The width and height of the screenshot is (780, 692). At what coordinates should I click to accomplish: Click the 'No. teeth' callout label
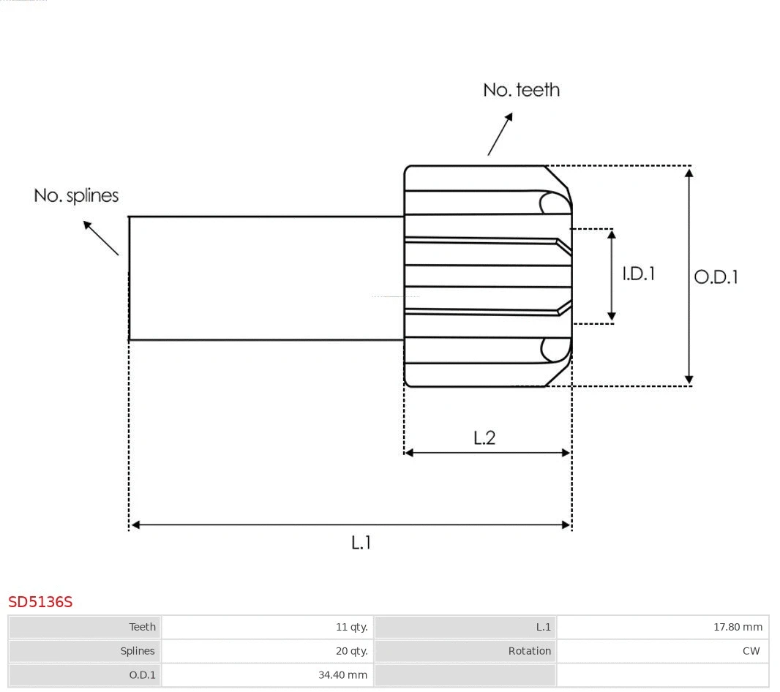coord(521,90)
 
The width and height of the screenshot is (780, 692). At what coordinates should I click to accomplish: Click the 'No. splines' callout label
coord(76,196)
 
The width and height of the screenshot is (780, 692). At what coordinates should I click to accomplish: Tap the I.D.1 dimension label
coord(638,274)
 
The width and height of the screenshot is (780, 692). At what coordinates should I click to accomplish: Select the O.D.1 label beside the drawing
coord(716,277)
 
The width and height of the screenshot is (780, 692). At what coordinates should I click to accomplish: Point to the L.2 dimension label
coord(484,437)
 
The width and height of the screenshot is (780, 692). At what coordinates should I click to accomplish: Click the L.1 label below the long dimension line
coord(361,543)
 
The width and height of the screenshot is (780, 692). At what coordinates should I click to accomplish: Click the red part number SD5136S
coord(41,602)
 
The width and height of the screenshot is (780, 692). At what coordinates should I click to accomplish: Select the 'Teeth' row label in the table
coord(142,627)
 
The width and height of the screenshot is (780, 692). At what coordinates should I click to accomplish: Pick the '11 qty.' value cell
coord(351,627)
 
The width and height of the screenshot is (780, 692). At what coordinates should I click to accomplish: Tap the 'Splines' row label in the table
coord(138,651)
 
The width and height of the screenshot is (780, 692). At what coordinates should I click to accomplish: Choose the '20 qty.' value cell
coord(351,651)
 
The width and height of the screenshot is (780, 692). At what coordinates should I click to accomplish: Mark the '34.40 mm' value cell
coord(342,675)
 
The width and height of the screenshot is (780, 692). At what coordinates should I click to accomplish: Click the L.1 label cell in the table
coord(543,627)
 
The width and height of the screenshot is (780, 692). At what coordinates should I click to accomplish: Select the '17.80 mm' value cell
coord(738,627)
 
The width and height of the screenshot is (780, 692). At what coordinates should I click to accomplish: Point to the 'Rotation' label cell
coord(530,651)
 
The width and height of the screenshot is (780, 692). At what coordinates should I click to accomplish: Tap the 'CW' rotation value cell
coord(751,651)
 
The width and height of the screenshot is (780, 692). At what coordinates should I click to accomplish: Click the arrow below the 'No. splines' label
coord(100,237)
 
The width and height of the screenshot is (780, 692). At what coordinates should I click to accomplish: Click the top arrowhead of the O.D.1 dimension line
coord(689,173)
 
